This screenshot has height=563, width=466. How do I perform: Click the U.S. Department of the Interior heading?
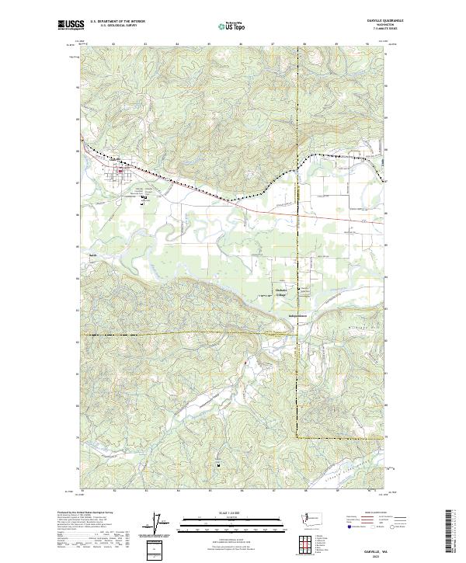coord(117,21)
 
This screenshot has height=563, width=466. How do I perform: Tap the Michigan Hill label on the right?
coord(367,328)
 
